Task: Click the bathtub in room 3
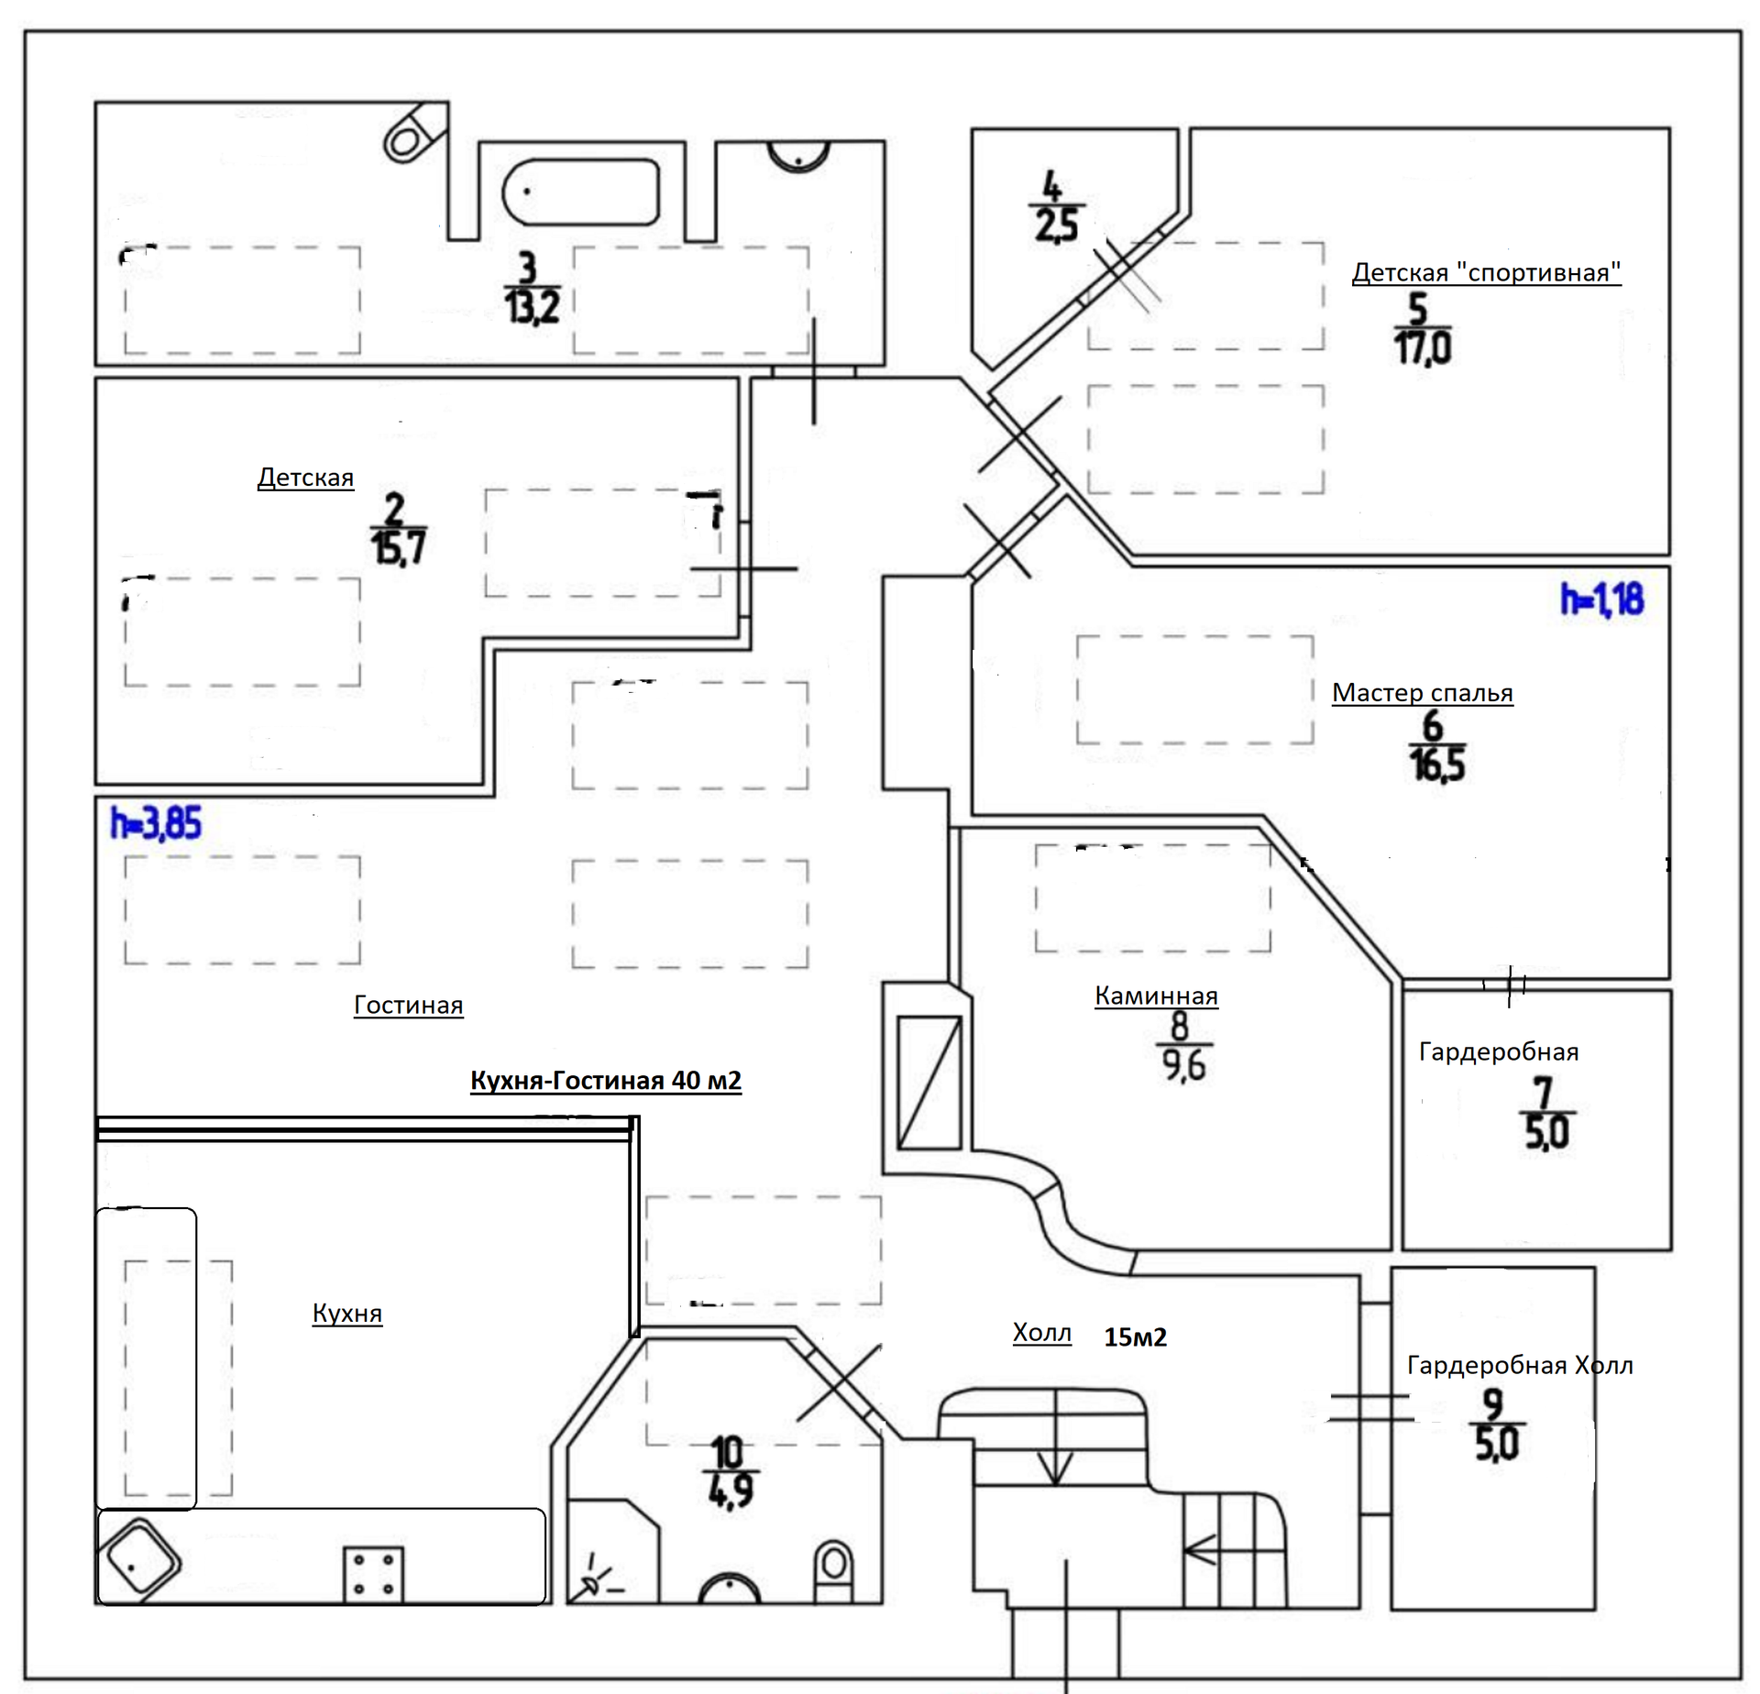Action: (580, 192)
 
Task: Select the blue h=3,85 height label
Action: (156, 823)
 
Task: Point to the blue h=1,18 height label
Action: (1601, 599)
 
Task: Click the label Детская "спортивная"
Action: (1486, 273)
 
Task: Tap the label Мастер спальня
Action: (1422, 693)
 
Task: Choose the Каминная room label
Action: (1156, 996)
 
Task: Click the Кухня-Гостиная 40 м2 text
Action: (606, 1081)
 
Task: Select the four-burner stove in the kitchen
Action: (373, 1574)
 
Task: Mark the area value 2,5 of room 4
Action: (1057, 225)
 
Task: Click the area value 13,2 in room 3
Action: (533, 306)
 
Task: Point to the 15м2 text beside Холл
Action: (1135, 1337)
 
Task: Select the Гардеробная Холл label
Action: (1520, 1366)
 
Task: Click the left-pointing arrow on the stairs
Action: (1200, 1550)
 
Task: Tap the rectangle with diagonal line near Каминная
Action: (929, 1082)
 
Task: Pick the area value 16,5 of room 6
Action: (1436, 764)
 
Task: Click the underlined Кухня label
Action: (346, 1314)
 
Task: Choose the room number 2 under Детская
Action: (394, 509)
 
